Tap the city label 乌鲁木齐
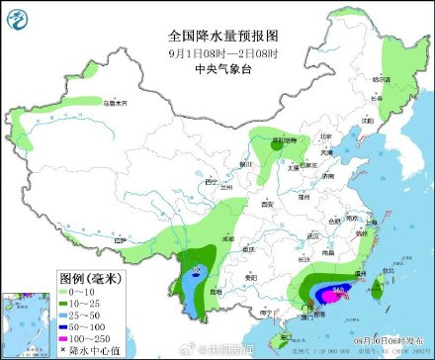(x=116, y=102)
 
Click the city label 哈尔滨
(x=381, y=79)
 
